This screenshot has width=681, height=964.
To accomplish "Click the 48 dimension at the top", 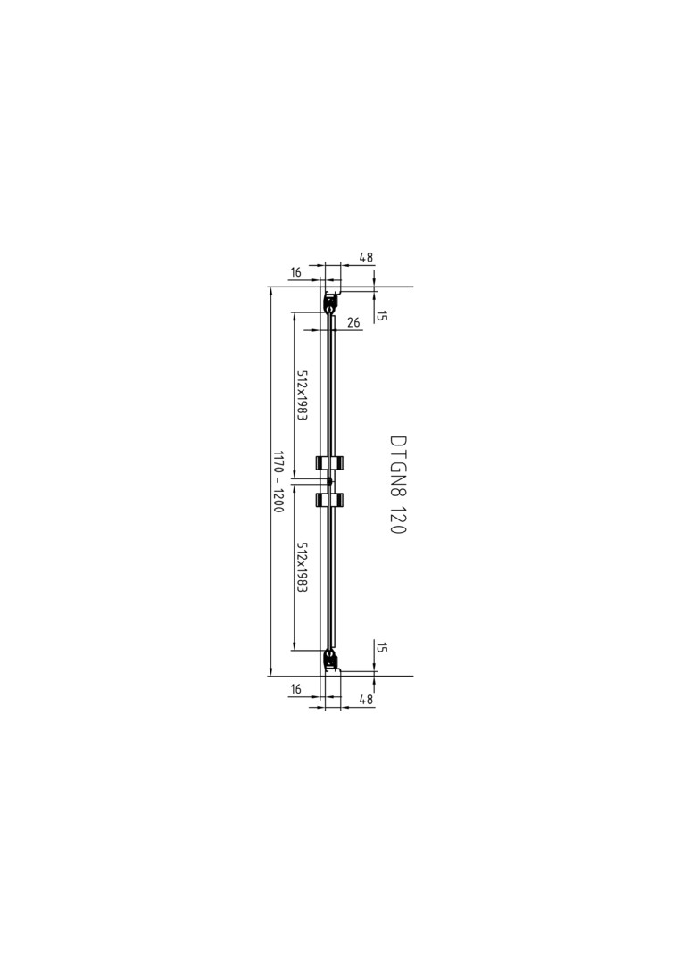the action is click(366, 258).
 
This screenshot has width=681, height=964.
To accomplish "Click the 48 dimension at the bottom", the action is click(366, 699).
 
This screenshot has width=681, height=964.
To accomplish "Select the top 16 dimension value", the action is click(295, 272).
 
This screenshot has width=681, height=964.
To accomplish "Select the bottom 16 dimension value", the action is click(295, 689).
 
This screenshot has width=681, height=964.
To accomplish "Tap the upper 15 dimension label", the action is click(382, 315).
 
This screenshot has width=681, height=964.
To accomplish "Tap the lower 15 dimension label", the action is click(382, 647).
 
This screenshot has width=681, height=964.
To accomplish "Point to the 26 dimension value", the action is click(353, 322).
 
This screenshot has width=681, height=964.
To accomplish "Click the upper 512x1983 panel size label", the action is click(302, 395).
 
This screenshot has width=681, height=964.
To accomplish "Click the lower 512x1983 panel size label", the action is click(302, 567).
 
